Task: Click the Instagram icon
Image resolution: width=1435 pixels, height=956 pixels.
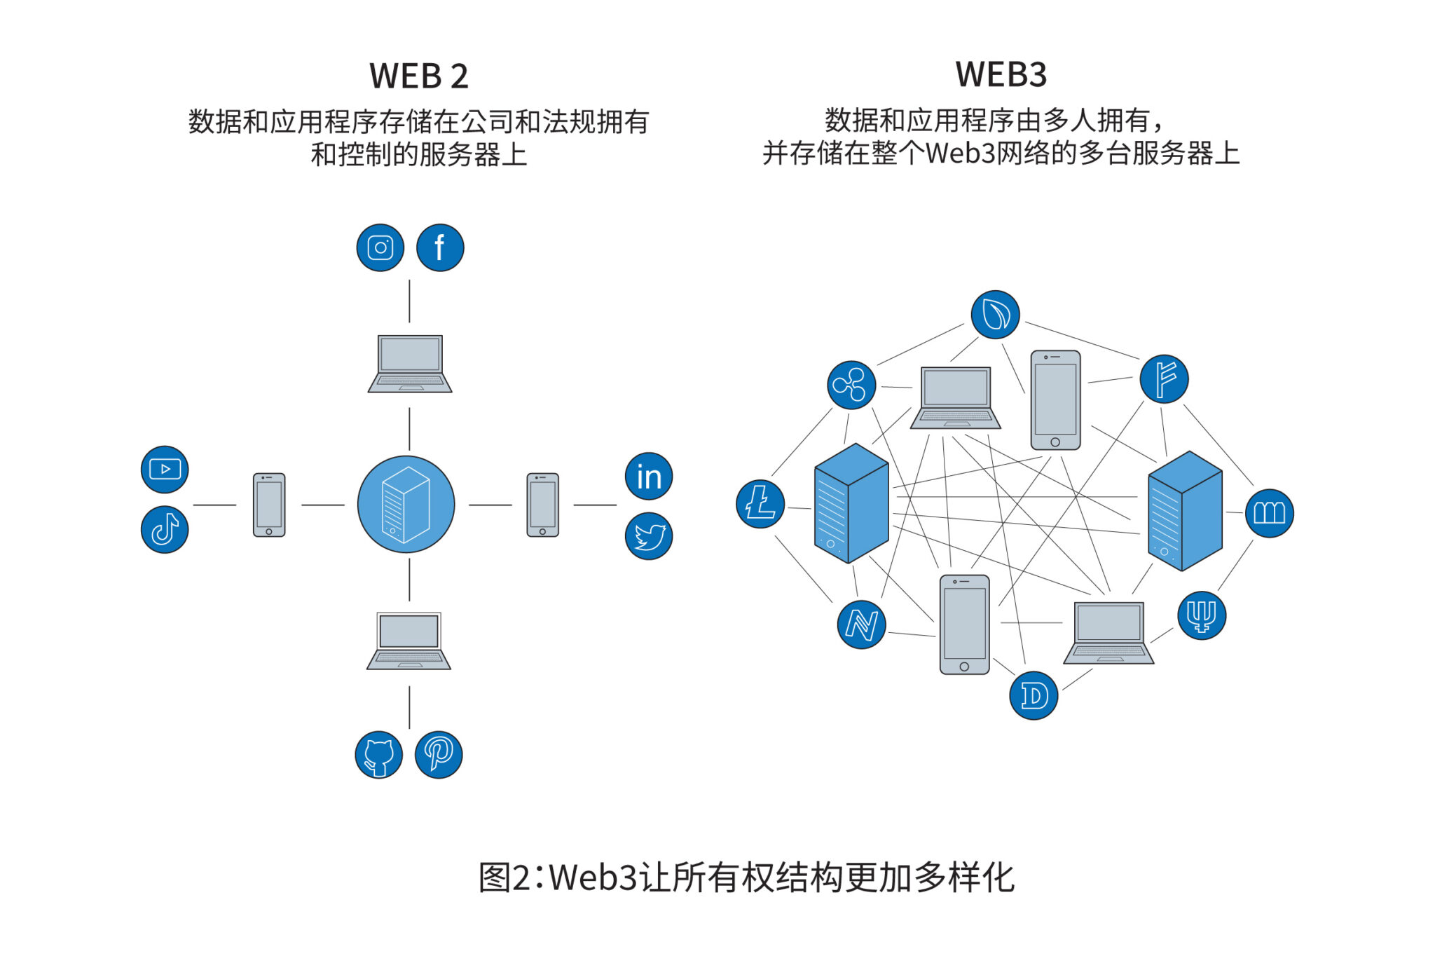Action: [x=380, y=247]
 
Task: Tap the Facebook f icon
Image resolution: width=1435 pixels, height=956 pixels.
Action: [x=440, y=247]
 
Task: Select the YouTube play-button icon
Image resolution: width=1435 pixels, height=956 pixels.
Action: [x=165, y=469]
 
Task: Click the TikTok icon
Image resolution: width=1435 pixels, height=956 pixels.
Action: [x=165, y=529]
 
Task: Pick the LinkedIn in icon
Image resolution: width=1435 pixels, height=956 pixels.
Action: [x=649, y=476]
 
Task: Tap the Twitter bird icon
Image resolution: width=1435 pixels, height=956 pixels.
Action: [x=649, y=536]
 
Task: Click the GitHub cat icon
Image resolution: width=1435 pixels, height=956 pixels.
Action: [x=378, y=755]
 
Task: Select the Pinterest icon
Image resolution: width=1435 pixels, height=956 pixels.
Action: [x=439, y=755]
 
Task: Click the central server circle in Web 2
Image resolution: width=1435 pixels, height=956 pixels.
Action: [x=406, y=505]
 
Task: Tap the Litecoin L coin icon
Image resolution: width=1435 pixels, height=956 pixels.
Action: [x=760, y=503]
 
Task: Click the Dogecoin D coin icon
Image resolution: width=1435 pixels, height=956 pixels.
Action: [x=1034, y=695]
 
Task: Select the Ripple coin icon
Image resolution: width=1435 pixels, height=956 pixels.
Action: [x=851, y=385]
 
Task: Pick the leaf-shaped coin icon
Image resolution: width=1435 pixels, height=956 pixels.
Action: [x=995, y=315]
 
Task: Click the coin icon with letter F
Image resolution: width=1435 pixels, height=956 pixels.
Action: [x=1164, y=379]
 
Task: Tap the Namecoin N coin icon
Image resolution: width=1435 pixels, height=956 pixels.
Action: [x=861, y=624]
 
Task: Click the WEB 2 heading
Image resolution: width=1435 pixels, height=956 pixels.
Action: [x=418, y=76]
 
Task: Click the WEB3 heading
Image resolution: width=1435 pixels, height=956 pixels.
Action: [x=1001, y=74]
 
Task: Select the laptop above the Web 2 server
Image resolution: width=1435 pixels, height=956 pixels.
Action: [x=410, y=364]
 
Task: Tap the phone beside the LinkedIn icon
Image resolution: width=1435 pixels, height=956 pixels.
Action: [x=542, y=505]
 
